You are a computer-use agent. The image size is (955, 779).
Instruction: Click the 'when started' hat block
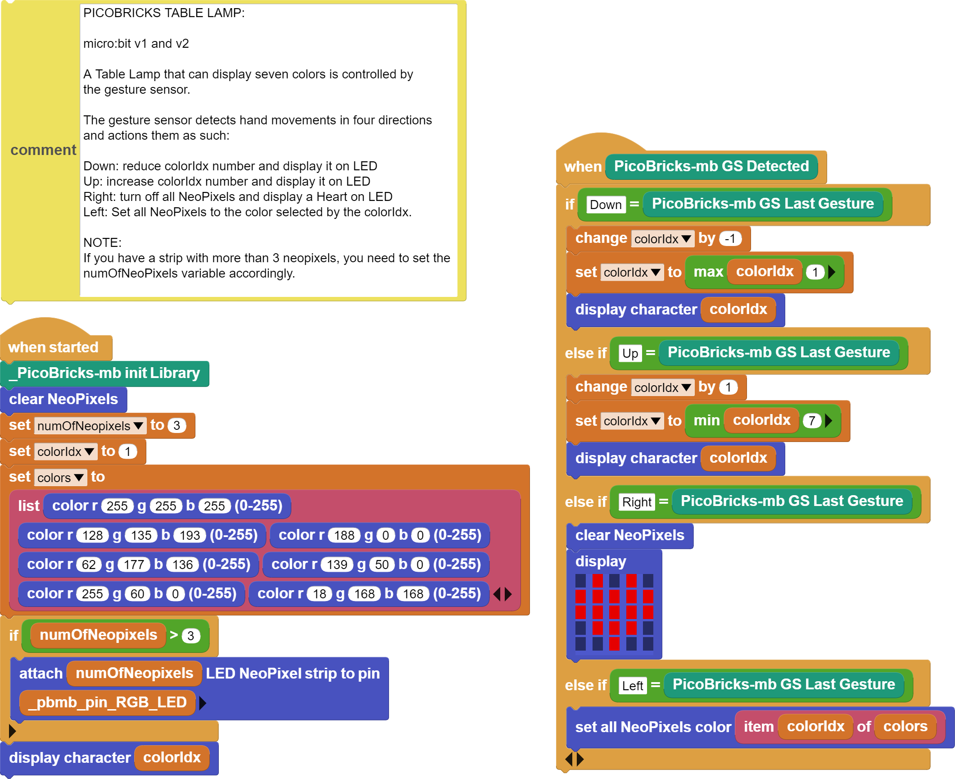tap(53, 347)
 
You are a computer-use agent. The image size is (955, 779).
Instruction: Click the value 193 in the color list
tap(190, 535)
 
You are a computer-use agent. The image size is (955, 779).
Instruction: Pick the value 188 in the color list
tap(344, 535)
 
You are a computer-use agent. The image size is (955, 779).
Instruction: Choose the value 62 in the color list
tap(88, 565)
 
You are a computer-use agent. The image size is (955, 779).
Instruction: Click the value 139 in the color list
tap(337, 565)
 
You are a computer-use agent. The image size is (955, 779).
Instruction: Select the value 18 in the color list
tap(319, 594)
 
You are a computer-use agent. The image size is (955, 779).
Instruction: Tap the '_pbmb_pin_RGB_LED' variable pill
tap(108, 702)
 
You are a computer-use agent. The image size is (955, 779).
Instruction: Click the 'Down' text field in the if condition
tap(606, 205)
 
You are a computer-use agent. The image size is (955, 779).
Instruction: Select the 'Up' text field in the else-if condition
tap(630, 353)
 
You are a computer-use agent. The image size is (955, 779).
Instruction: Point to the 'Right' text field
tap(637, 502)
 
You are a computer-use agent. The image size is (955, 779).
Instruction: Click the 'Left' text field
tap(633, 686)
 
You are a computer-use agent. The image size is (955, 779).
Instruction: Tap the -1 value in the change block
tap(730, 238)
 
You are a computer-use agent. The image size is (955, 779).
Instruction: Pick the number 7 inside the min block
tap(812, 421)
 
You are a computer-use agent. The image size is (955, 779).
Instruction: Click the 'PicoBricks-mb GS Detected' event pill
tap(711, 166)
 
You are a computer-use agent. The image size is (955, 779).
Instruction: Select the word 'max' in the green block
tap(708, 272)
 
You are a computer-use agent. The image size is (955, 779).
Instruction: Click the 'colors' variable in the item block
tap(905, 726)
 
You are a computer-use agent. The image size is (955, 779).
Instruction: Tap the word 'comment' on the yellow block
tap(43, 150)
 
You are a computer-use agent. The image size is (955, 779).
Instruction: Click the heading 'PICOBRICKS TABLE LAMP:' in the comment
tap(164, 13)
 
